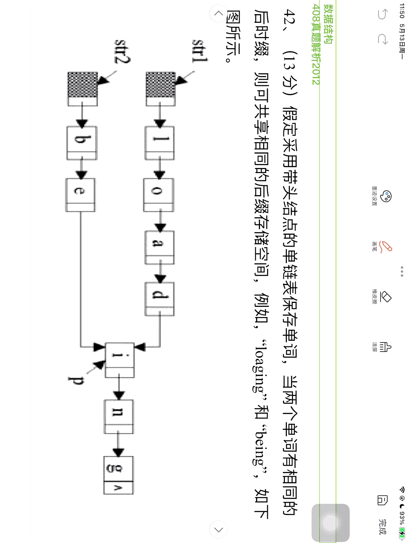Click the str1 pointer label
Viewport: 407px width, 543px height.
pos(200,51)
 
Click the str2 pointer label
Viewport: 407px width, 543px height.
pos(122,51)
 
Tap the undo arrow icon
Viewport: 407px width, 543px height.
pos(383,14)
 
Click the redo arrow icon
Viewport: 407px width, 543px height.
pos(383,39)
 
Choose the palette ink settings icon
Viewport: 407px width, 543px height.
pos(386,196)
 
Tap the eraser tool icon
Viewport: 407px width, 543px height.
pos(386,297)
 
